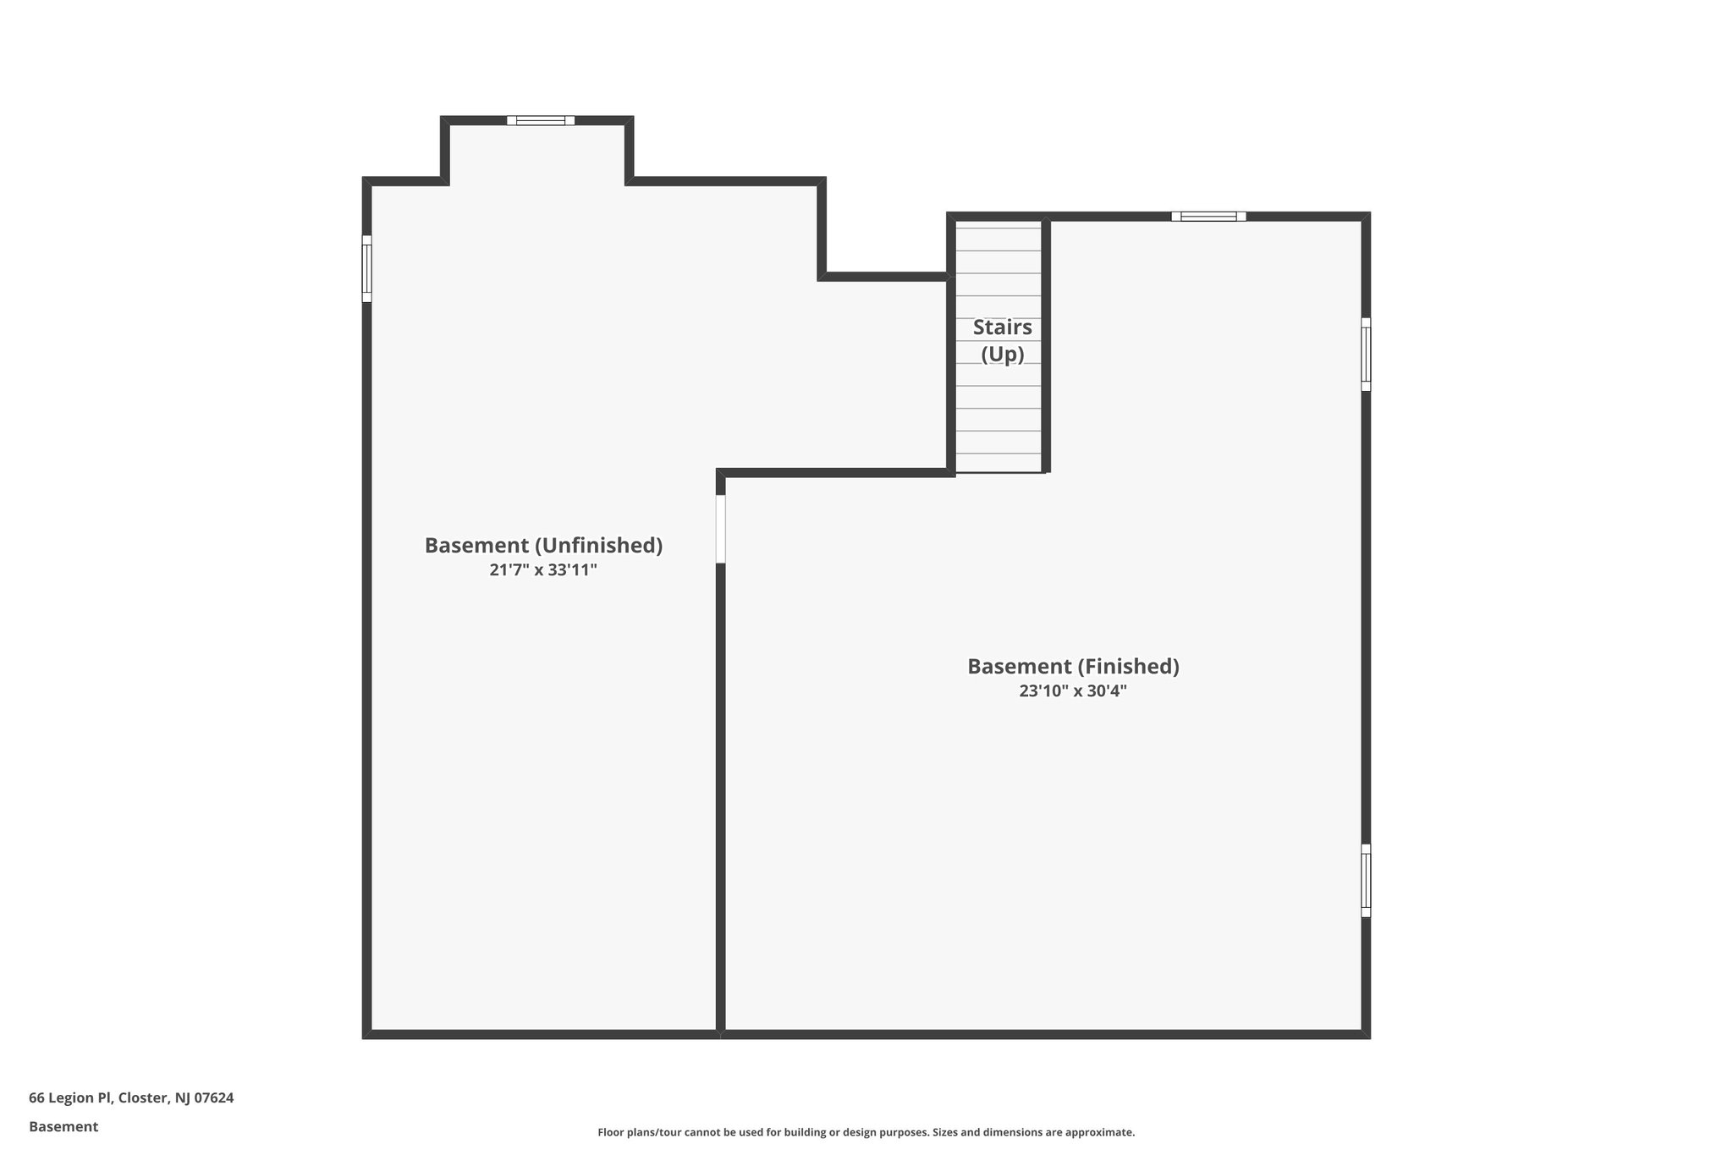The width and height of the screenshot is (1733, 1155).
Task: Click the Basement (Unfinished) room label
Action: click(x=543, y=546)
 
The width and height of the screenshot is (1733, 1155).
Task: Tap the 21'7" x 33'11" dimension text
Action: click(x=543, y=570)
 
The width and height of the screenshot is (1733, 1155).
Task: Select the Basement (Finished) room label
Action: click(x=1073, y=667)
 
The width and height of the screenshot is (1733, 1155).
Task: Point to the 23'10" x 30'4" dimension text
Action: click(x=1073, y=691)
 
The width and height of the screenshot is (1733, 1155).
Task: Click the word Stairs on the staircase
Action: click(x=1002, y=327)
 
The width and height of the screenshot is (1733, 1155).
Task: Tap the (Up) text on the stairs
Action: click(x=1002, y=355)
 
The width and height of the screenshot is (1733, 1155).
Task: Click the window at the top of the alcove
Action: click(x=541, y=120)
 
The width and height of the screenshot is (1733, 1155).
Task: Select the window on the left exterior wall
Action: click(x=367, y=268)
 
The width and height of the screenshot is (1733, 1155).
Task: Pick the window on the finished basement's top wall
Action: click(x=1208, y=217)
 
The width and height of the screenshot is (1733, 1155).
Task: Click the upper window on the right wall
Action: click(x=1366, y=355)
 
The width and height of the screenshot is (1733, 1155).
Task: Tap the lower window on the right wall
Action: click(x=1366, y=880)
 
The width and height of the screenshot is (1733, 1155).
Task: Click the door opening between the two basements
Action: click(x=721, y=529)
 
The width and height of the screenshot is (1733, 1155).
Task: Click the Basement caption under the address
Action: click(x=63, y=1126)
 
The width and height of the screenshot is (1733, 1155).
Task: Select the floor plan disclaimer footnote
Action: click(x=866, y=1132)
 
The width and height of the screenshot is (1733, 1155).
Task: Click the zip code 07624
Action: click(x=214, y=1097)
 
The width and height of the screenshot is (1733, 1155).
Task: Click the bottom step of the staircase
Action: click(x=999, y=463)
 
